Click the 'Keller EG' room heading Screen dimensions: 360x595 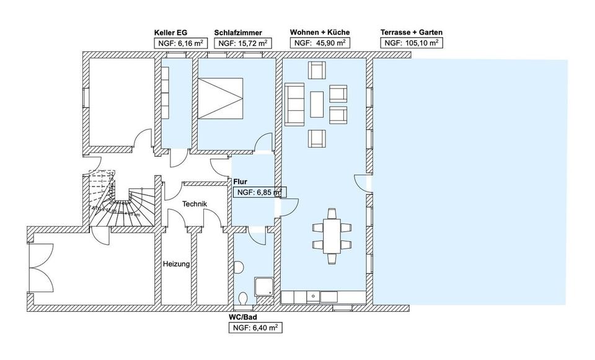[x=170, y=32]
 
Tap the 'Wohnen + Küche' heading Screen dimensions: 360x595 [x=319, y=32]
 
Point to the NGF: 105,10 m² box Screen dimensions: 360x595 [x=411, y=43]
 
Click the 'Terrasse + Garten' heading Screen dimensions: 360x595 [x=412, y=32]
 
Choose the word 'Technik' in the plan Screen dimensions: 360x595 [x=194, y=204]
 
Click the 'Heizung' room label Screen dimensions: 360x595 [x=176, y=264]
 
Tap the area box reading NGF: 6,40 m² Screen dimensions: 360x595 [x=255, y=328]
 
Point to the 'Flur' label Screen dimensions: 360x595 [x=241, y=182]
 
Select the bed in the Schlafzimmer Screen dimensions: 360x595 [x=219, y=97]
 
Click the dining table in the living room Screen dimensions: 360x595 [x=332, y=235]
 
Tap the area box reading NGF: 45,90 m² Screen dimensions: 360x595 [x=320, y=43]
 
